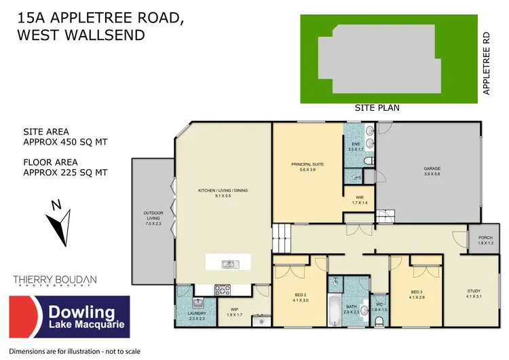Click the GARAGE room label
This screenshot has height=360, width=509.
click(432, 168)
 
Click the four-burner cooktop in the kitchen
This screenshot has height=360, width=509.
click(223, 290)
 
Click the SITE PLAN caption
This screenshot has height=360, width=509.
click(377, 108)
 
